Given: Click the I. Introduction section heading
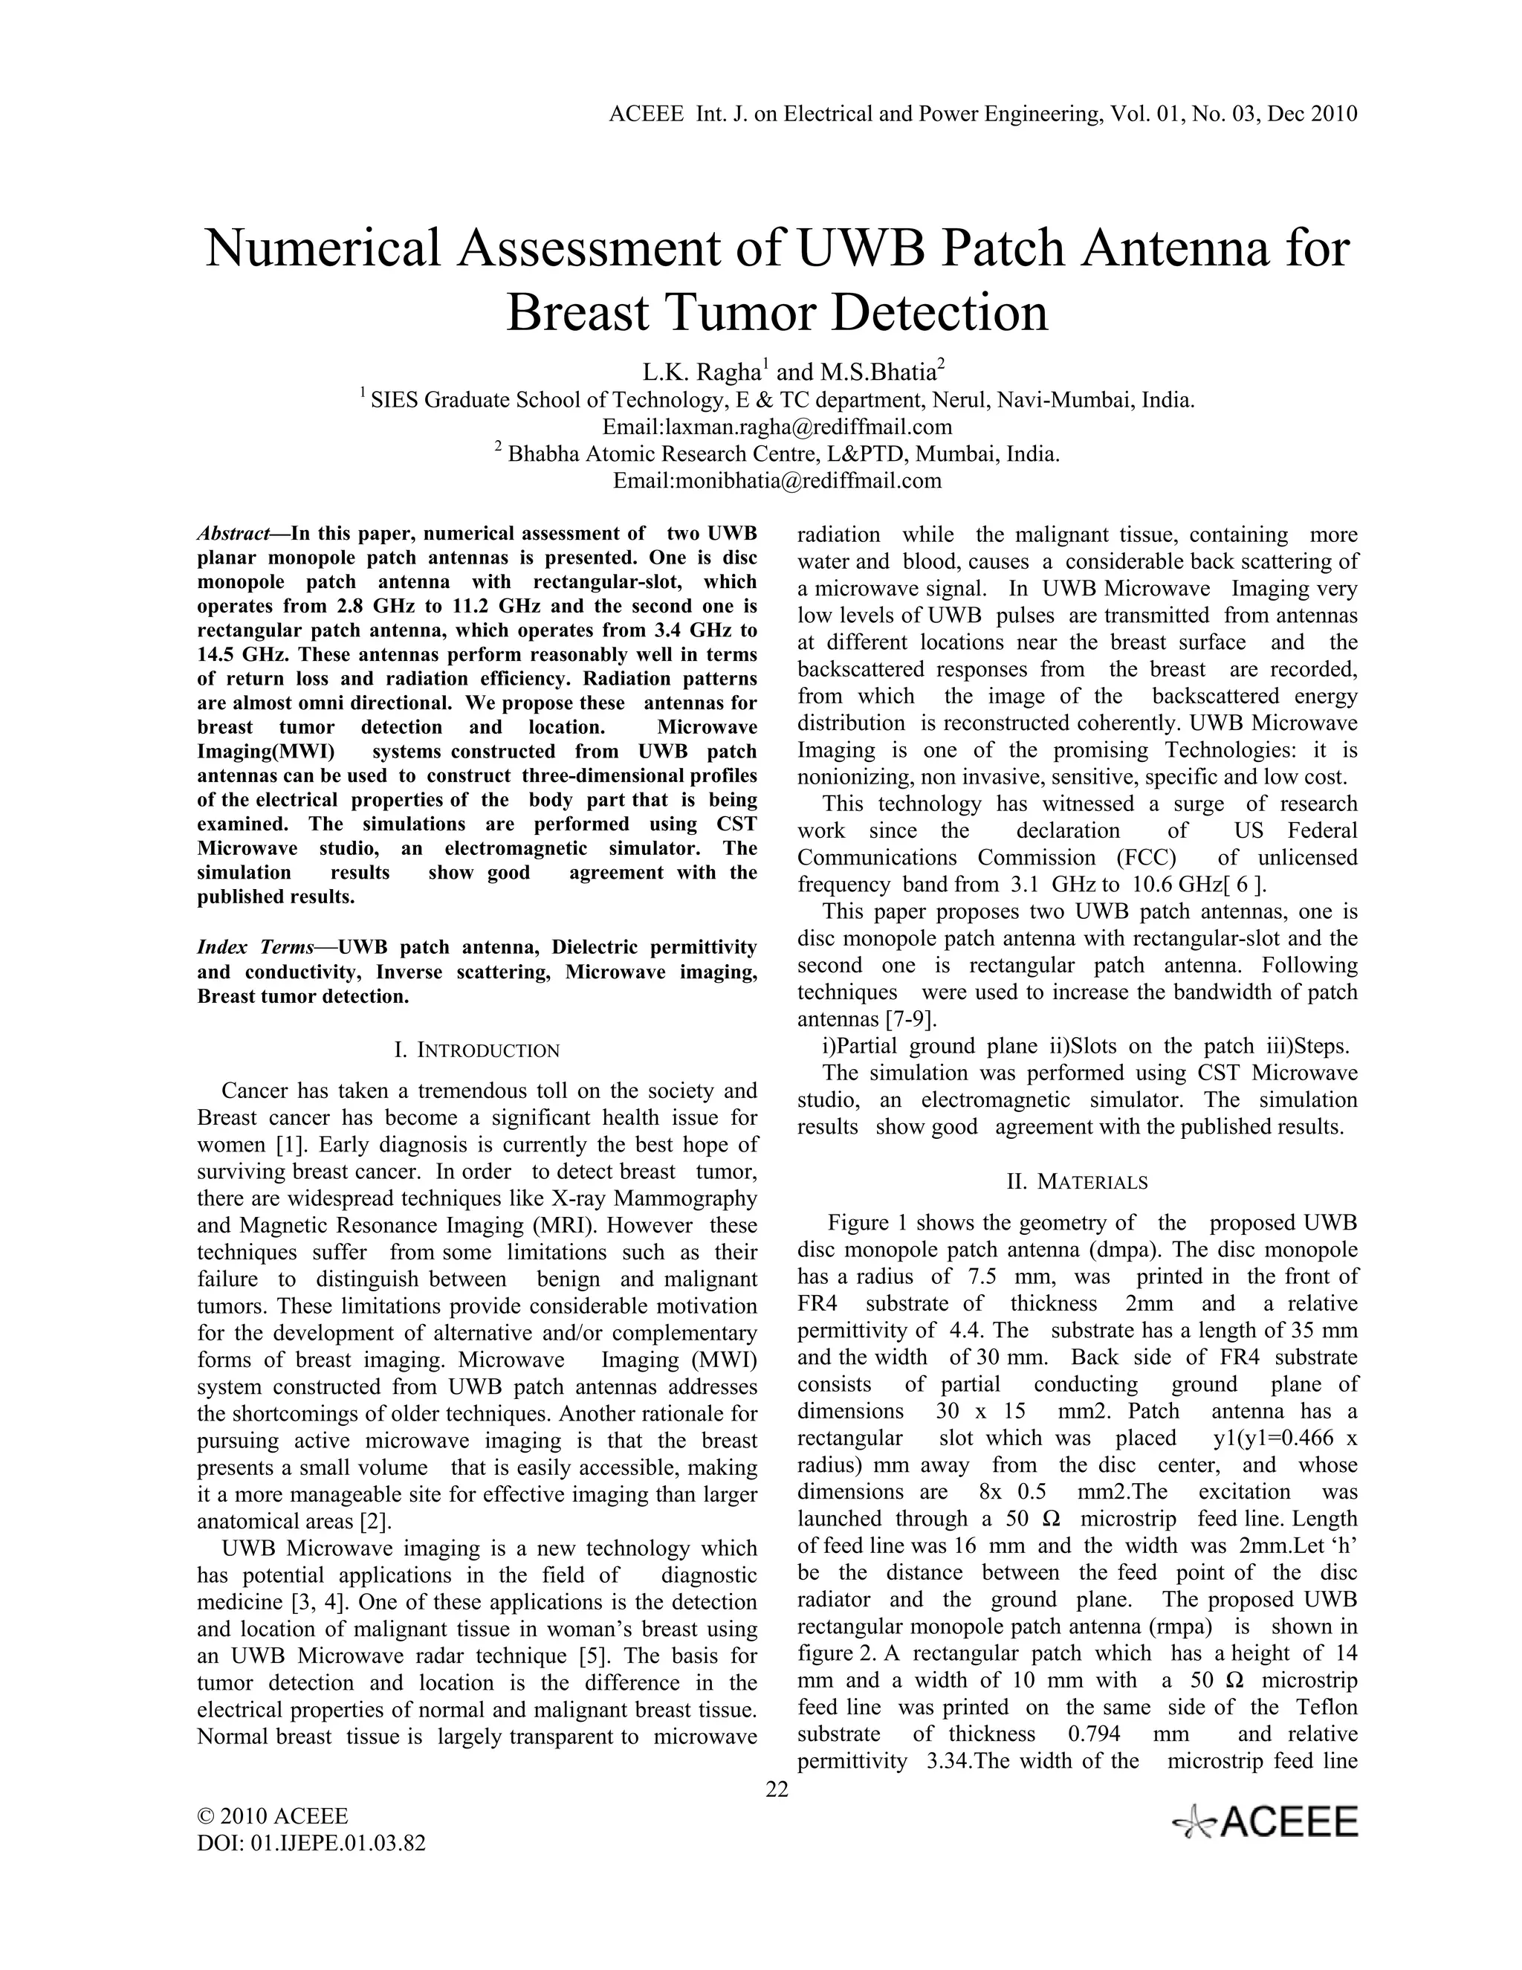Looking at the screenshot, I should (x=477, y=1050).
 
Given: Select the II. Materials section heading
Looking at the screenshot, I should (x=1077, y=1182).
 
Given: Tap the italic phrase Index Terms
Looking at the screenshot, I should (x=255, y=947).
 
